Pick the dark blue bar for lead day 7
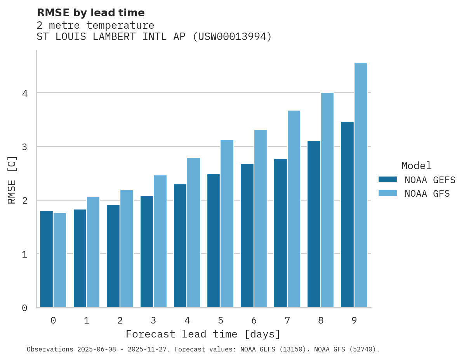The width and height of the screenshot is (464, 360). pyautogui.click(x=280, y=233)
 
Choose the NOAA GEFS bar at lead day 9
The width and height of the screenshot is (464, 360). pyautogui.click(x=347, y=215)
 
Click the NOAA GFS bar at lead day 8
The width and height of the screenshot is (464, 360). pyautogui.click(x=327, y=200)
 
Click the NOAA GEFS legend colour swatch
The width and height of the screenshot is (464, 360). pyautogui.click(x=388, y=180)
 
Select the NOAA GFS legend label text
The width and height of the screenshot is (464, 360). pyautogui.click(x=427, y=194)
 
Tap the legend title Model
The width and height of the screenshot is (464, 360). pyautogui.click(x=416, y=166)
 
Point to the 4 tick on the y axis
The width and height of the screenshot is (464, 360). pyautogui.click(x=24, y=93)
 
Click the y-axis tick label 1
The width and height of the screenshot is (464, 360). pyautogui.click(x=24, y=254)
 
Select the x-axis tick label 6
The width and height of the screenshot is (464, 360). pyautogui.click(x=254, y=321)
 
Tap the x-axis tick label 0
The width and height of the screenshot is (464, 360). pyautogui.click(x=53, y=321)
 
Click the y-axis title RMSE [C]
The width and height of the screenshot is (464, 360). pyautogui.click(x=12, y=180)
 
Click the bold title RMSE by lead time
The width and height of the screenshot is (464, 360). pyautogui.click(x=90, y=13)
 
